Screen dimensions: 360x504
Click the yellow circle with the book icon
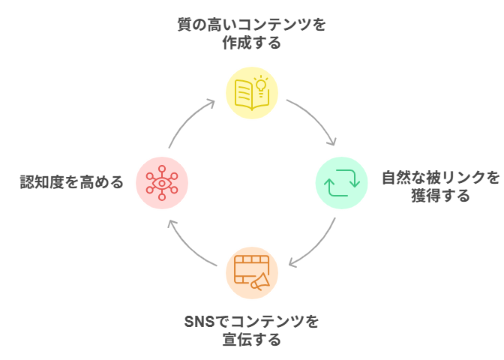(x=252, y=93)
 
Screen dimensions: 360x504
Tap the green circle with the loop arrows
(x=341, y=182)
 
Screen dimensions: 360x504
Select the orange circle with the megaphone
(x=252, y=272)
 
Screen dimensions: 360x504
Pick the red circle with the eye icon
(x=162, y=182)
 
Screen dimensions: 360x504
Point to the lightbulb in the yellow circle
(x=261, y=85)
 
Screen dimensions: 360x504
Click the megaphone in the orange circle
(x=260, y=281)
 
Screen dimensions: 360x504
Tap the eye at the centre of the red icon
(x=162, y=182)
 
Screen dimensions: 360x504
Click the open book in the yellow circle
(x=247, y=97)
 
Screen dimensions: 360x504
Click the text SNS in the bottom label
(x=199, y=322)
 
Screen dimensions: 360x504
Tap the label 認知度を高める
(x=72, y=182)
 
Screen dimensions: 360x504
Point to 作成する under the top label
(x=252, y=43)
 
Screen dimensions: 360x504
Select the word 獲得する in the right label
(x=441, y=196)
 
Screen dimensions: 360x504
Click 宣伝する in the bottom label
(x=252, y=340)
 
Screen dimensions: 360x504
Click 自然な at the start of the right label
(x=405, y=178)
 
